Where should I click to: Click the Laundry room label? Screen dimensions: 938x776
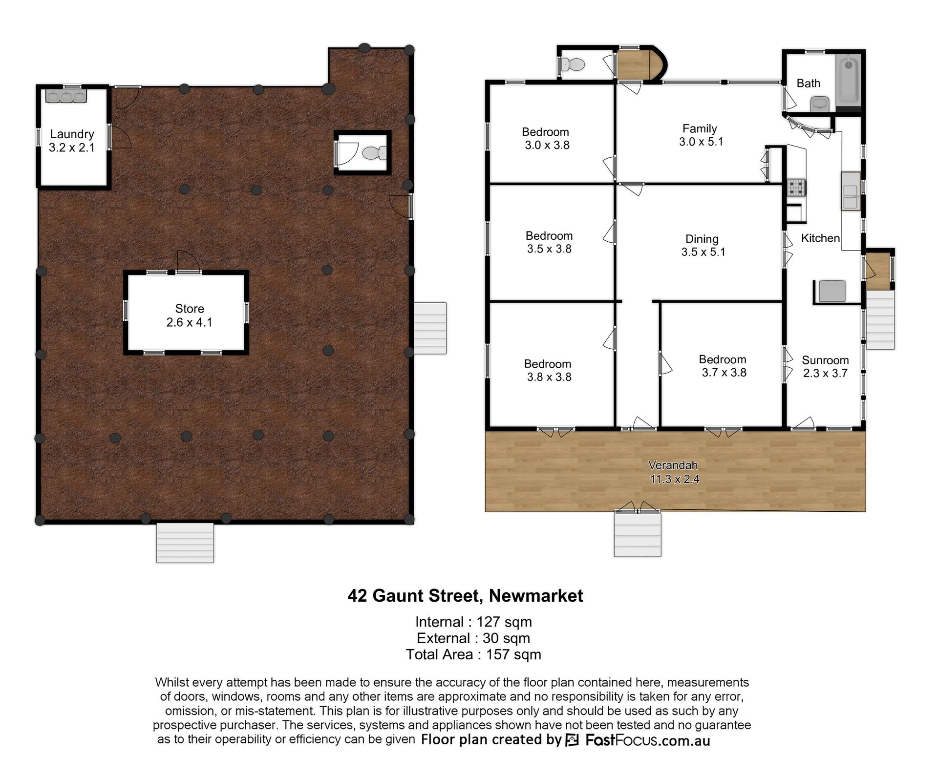click(72, 141)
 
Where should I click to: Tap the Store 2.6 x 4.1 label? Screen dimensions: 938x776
click(190, 315)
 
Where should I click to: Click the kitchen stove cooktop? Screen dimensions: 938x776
click(796, 188)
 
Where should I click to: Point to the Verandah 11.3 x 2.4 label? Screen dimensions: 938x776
click(674, 472)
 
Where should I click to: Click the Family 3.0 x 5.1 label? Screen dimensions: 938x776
click(701, 135)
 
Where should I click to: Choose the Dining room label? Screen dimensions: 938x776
click(703, 246)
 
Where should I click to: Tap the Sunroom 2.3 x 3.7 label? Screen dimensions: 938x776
click(825, 367)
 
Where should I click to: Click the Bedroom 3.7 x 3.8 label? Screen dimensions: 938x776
click(723, 366)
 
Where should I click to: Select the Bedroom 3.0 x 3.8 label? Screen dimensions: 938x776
click(546, 138)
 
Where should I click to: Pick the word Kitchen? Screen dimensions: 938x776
click(820, 238)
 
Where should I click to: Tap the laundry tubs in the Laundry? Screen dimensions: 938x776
click(66, 96)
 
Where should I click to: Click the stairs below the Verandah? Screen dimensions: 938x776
click(638, 534)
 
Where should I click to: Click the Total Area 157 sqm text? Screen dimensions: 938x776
click(473, 654)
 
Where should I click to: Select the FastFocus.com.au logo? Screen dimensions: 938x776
click(638, 740)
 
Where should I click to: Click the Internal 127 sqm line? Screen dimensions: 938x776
click(473, 622)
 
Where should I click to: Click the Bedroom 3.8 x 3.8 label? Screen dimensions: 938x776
click(548, 370)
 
